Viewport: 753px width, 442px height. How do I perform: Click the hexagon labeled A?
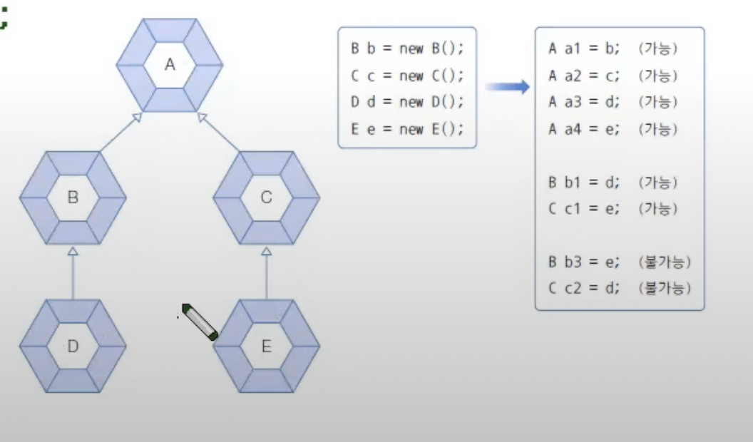(x=170, y=65)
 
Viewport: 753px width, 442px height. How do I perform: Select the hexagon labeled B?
(x=73, y=197)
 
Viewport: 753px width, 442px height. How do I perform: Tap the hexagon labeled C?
(x=266, y=197)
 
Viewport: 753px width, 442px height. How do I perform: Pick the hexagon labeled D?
(x=73, y=346)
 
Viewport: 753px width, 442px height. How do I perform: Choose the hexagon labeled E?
(x=266, y=346)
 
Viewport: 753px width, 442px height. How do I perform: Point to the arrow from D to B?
(x=73, y=274)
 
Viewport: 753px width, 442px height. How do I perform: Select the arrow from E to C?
(x=266, y=274)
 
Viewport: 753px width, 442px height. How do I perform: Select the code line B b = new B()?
(x=406, y=49)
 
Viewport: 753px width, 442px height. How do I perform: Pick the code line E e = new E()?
(x=406, y=128)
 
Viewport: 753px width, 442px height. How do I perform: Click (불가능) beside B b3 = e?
(x=665, y=262)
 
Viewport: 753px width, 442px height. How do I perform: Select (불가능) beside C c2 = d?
(x=665, y=289)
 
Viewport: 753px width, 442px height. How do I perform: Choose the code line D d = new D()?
(x=406, y=102)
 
